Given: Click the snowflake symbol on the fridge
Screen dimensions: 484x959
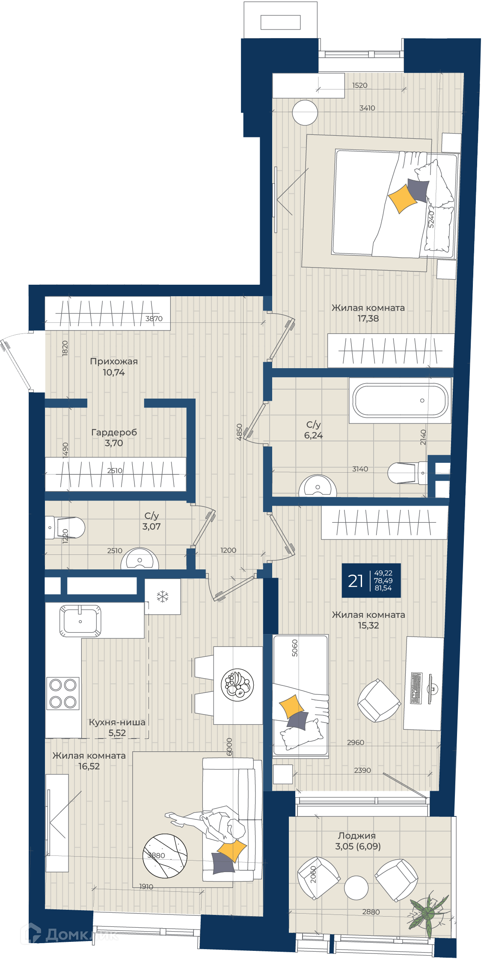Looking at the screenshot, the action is pos(163,596).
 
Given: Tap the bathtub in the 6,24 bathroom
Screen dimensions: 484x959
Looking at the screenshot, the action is pos(400,400).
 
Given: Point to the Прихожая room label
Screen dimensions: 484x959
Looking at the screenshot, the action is pos(114,361).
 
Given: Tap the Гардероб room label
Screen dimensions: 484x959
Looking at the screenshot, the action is pos(114,432).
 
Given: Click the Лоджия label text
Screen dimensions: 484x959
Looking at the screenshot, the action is pos(357,835).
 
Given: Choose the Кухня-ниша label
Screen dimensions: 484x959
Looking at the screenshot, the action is pos(117,722).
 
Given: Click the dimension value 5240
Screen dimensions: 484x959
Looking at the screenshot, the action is pos(431,219).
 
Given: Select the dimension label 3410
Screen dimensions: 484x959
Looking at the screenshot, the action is pos(367,108).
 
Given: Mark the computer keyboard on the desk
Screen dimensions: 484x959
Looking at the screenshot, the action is pos(416,688).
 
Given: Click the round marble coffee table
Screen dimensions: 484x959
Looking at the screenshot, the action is pos(165,856).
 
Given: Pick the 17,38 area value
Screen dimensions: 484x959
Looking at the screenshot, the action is pos(368,318).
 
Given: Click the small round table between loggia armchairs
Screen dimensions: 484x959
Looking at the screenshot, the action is pos(356,888).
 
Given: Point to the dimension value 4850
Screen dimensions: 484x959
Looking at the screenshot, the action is pos(240,432).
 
